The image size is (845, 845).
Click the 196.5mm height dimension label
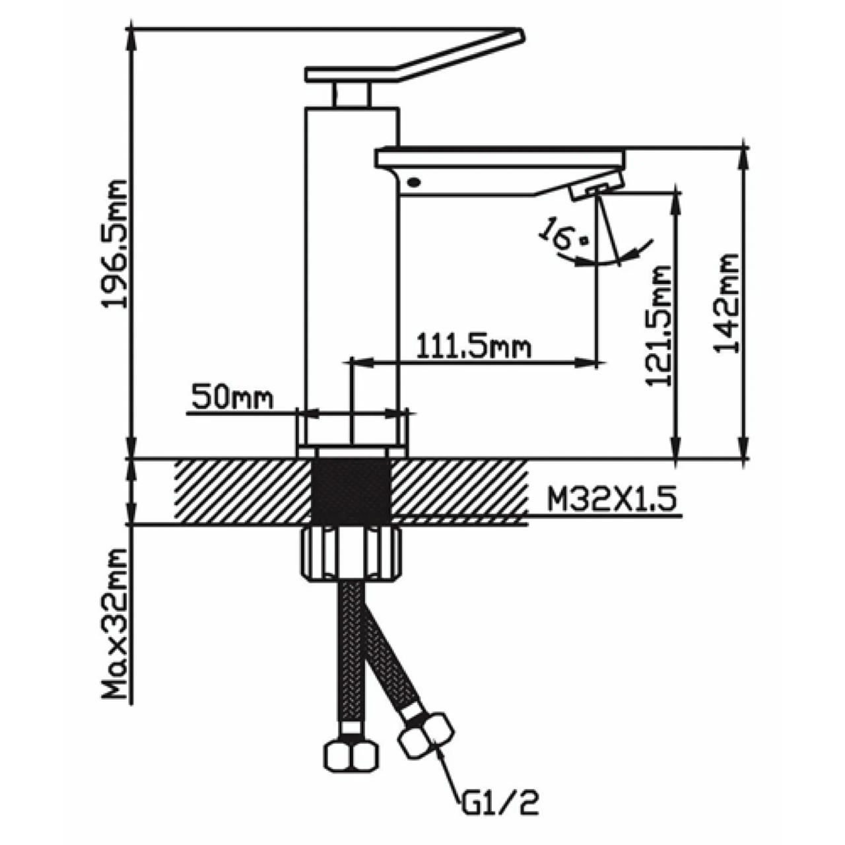115,244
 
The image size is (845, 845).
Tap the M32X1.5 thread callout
612,500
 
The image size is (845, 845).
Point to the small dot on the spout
414,181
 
